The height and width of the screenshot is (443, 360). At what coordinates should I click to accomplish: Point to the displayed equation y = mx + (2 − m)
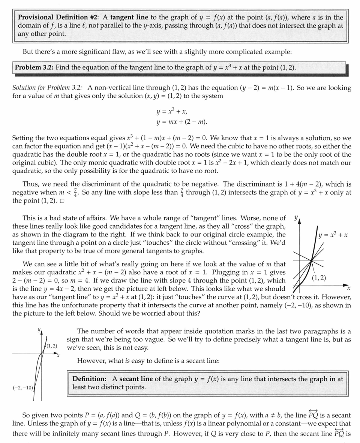tap(182, 122)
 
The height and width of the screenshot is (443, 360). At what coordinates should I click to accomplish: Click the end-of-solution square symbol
tap(62, 201)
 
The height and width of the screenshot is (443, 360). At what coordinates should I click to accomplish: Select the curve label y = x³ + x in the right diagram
tap(333, 235)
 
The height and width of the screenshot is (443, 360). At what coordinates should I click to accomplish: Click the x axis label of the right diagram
tap(348, 288)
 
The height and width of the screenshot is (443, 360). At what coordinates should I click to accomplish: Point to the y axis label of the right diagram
tap(296, 217)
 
